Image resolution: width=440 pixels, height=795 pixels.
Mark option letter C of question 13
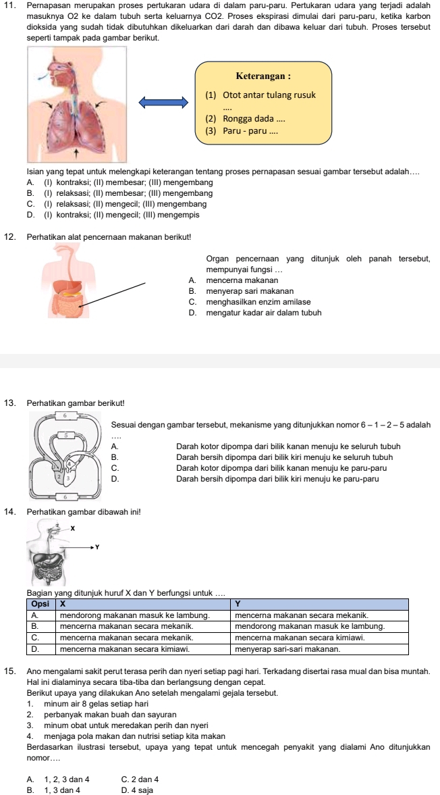coord(115,467)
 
